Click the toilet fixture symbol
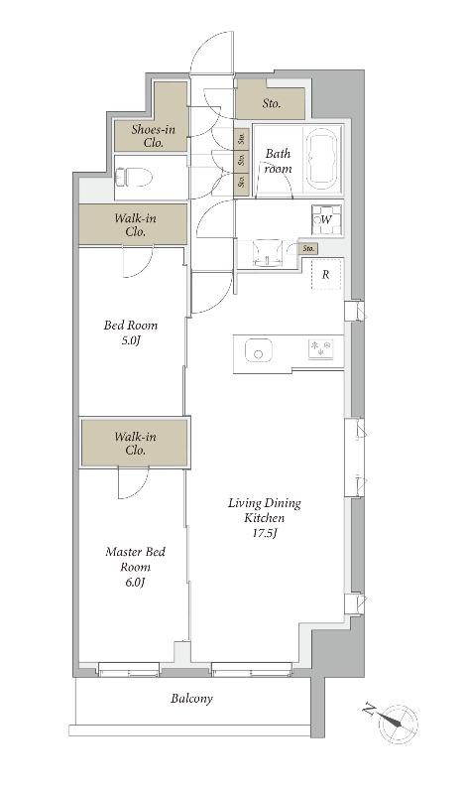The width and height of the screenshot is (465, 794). pos(134,178)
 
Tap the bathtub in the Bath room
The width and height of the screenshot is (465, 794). pos(323,158)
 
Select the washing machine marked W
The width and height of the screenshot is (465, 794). pos(326,219)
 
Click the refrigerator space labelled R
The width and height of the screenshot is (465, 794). pos(326,275)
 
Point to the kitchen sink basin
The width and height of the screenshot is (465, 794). pos(259,350)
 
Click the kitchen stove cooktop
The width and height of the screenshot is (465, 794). pos(321,349)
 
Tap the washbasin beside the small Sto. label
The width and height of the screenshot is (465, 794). pos(267,252)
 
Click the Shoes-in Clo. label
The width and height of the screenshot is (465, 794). pos(154,136)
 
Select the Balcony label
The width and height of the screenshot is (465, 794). pos(191,699)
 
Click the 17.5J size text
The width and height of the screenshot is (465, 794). pos(265,533)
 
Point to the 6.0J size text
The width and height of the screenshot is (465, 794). pos(135,582)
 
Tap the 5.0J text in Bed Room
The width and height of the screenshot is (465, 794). pos(130,339)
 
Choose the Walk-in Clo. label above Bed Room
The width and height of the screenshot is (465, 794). pos(135,225)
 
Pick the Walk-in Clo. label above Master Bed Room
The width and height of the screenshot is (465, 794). pos(135,443)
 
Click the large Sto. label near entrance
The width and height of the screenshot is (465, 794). pos(272,104)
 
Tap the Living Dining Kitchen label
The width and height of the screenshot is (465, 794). pos(265,510)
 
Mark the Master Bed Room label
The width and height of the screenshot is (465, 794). pos(135,559)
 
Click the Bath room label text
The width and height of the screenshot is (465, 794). pos(279,161)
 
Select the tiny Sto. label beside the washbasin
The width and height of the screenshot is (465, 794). pos(308,249)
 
